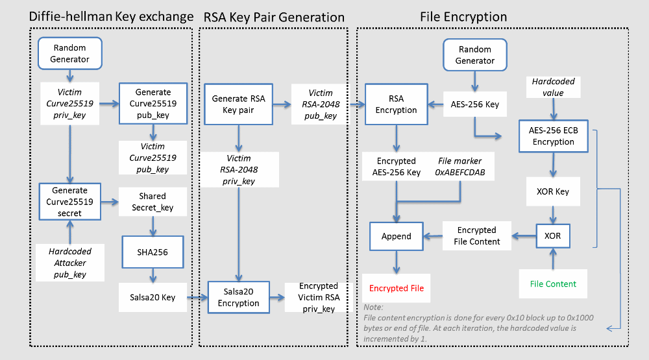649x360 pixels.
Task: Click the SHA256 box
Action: [152, 252]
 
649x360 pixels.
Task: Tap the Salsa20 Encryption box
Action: [238, 298]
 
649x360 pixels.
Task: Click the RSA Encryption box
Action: [396, 104]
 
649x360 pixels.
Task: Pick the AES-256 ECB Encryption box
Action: [553, 136]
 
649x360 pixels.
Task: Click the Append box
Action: [396, 236]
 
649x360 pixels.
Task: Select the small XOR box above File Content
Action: [553, 236]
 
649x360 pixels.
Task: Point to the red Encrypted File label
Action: [397, 288]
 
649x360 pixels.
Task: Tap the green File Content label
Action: [553, 283]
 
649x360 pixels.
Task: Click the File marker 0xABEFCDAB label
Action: [460, 166]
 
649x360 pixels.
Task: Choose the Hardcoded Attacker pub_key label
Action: [69, 262]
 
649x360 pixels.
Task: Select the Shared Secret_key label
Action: [152, 202]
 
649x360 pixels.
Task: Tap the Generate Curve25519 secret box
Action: [69, 201]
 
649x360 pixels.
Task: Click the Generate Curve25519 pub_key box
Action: [153, 104]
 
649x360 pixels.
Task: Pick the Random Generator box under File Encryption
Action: [475, 55]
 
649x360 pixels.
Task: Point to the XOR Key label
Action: [552, 193]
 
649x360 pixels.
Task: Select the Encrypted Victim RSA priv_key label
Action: [318, 297]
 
